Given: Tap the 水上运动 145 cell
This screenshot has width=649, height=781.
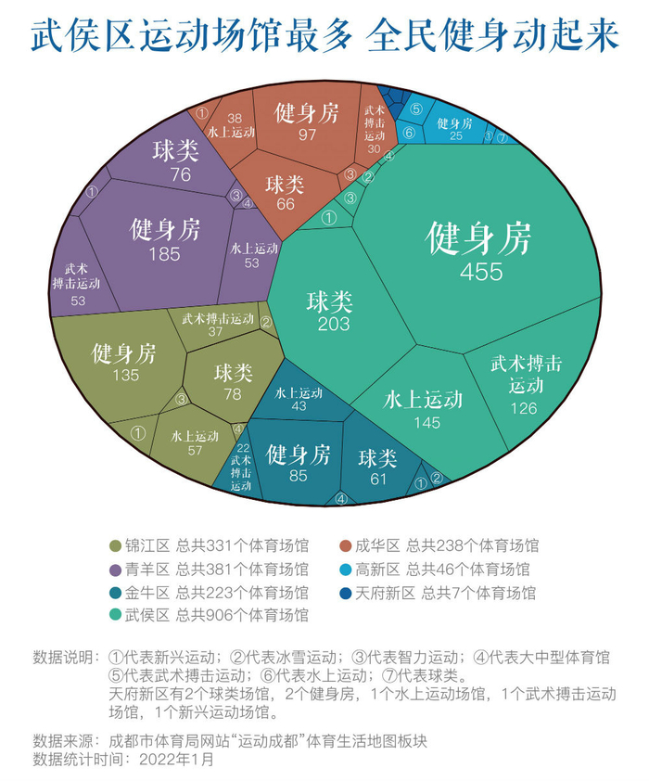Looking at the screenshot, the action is point(423,408).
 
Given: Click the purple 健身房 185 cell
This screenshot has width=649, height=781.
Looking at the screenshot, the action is point(164,239).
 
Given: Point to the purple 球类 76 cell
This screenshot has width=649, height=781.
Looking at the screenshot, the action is point(176,160).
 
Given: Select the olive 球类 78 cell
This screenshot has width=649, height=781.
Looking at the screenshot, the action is point(233,381).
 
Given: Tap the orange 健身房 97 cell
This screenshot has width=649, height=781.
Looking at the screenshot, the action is point(307,122).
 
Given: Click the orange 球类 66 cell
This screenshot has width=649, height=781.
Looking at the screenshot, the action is point(285,193).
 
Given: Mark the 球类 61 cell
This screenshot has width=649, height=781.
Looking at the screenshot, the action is point(377,467).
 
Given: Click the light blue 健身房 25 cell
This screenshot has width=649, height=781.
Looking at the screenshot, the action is point(454,128).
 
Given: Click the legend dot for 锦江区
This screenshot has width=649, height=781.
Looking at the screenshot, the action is point(115,545).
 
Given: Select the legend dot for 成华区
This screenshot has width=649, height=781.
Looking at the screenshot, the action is point(345,545).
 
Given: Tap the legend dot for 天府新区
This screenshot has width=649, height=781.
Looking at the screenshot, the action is point(345,592).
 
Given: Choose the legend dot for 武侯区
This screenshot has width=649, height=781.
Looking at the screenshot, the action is point(115,615).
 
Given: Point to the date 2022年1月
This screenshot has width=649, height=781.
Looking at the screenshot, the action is point(176,759).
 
